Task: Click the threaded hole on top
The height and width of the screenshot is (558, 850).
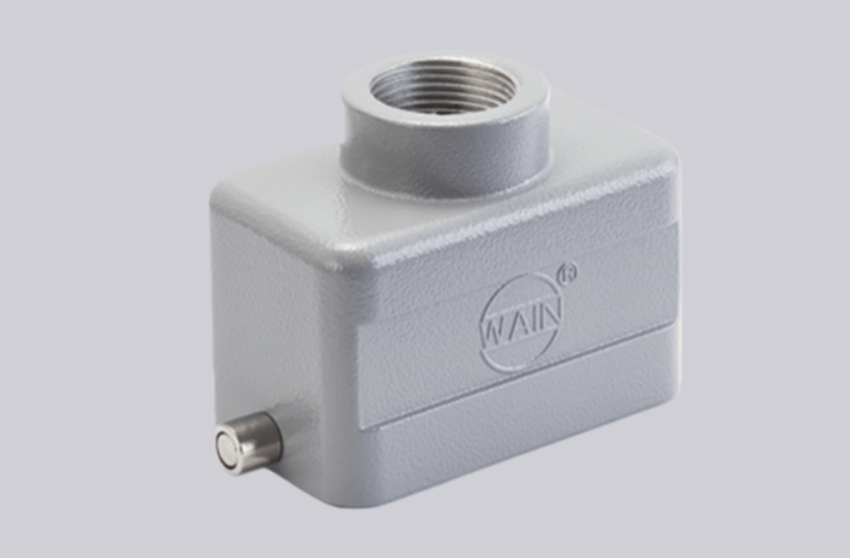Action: click(x=443, y=88)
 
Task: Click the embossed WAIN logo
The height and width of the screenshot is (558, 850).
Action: click(x=521, y=321)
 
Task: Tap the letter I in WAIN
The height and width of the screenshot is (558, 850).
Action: click(x=535, y=320)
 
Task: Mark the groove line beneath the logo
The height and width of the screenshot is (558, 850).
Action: click(x=518, y=376)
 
